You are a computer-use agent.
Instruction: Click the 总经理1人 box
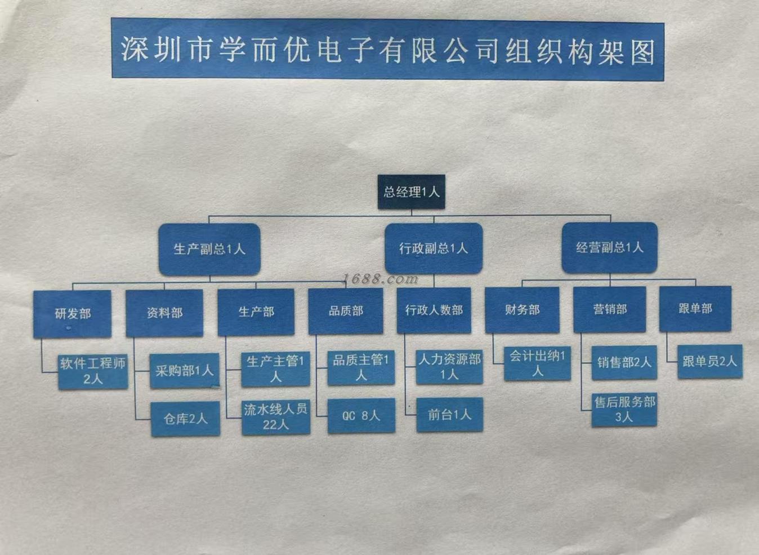click(411, 192)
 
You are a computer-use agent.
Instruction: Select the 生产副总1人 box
click(209, 249)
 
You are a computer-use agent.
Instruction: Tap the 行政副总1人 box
click(434, 248)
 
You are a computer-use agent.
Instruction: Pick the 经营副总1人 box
click(609, 247)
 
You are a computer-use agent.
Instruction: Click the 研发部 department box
click(72, 313)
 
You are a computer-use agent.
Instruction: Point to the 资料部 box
click(164, 312)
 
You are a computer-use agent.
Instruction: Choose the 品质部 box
click(346, 310)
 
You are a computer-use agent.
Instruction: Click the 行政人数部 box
click(434, 310)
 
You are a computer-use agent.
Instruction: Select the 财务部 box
click(522, 309)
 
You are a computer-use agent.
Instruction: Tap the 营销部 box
click(609, 309)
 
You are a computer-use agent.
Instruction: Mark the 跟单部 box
click(695, 308)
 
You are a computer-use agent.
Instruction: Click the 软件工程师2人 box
click(93, 371)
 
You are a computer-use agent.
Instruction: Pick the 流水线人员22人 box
click(276, 417)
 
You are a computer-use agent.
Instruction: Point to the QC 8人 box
click(361, 416)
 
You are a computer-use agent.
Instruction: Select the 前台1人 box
click(449, 415)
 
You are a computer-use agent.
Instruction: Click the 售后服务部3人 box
click(624, 410)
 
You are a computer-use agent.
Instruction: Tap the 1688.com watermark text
click(381, 278)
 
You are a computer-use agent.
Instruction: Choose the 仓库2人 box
click(185, 419)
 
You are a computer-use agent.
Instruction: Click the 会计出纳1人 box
click(537, 363)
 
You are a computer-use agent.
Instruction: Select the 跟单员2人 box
click(709, 361)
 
